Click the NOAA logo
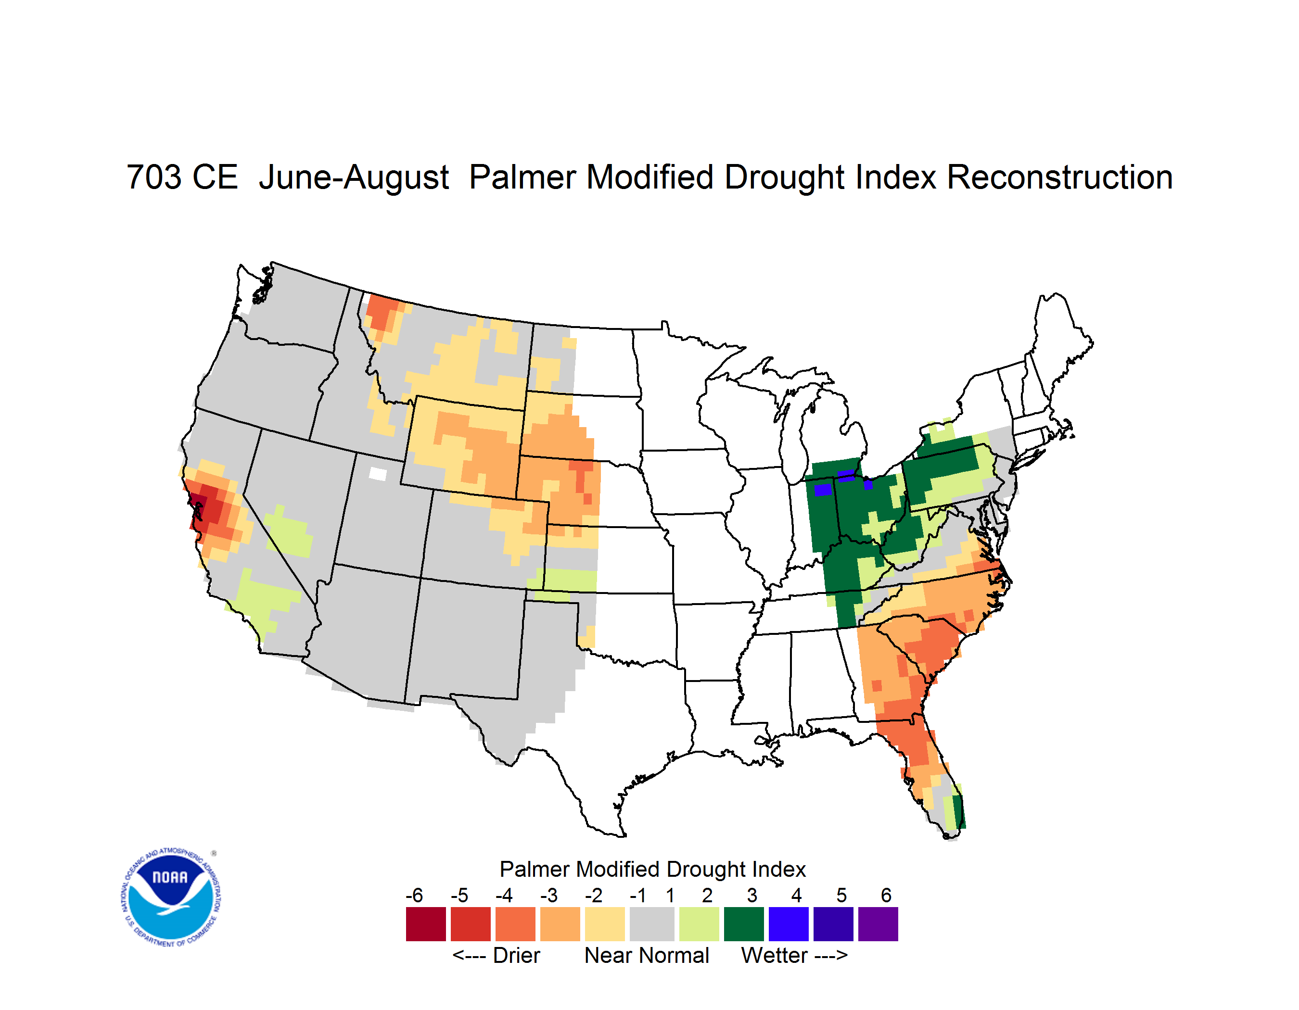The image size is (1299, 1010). click(x=171, y=897)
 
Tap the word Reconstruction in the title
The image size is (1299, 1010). click(x=1059, y=177)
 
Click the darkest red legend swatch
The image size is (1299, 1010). click(x=426, y=924)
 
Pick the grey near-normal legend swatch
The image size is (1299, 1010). click(x=652, y=924)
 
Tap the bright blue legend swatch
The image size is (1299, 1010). click(x=789, y=924)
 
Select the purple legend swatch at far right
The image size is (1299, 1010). click(x=878, y=924)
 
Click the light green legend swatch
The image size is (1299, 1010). click(x=700, y=924)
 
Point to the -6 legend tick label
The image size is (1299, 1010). click(x=415, y=895)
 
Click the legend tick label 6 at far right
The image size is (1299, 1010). click(x=886, y=895)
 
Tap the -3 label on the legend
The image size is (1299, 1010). click(x=549, y=895)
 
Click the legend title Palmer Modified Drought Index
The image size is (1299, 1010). click(x=652, y=869)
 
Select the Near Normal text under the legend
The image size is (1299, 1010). click(x=647, y=955)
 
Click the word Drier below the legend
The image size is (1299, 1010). click(x=516, y=955)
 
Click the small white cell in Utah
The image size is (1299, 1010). click(x=378, y=474)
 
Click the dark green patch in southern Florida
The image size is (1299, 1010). click(x=958, y=811)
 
